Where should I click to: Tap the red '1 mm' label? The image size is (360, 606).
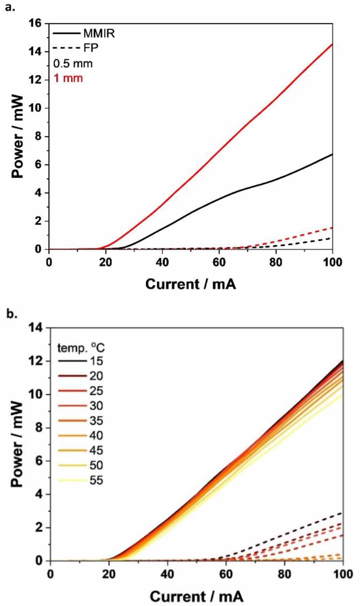tap(68, 78)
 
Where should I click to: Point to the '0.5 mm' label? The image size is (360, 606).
tap(73, 64)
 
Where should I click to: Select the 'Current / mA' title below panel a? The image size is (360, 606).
tap(190, 284)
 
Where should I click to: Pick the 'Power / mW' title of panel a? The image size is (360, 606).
tap(17, 137)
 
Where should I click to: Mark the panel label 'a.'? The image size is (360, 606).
tap(10, 7)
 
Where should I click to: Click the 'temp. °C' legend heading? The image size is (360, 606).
tap(81, 348)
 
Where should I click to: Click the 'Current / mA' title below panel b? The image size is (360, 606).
tap(196, 596)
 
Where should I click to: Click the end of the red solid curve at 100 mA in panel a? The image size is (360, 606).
tap(332, 44)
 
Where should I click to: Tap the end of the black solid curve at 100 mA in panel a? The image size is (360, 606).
tap(332, 154)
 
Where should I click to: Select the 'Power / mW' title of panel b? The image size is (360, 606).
tap(17, 444)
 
